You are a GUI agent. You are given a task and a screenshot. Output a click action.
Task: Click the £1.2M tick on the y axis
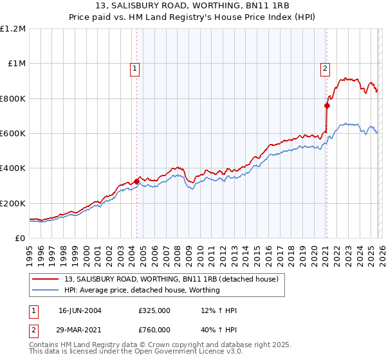click(13, 29)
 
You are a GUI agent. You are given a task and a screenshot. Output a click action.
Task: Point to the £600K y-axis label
click(13, 134)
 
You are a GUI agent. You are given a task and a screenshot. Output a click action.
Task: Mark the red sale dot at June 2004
click(136, 181)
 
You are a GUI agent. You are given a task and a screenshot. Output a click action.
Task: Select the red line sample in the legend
click(46, 279)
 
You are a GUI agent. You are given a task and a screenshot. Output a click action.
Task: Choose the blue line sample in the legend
click(46, 290)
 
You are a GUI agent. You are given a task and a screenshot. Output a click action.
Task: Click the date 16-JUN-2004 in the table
click(80, 310)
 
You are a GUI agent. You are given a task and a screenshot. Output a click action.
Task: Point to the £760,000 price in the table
click(154, 330)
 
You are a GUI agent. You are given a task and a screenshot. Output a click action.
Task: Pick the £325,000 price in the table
click(154, 310)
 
